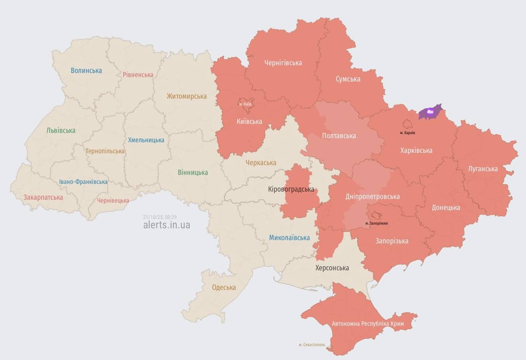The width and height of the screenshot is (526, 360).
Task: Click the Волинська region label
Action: pyautogui.click(x=86, y=71)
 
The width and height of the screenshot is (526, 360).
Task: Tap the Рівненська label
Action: pyautogui.click(x=138, y=75)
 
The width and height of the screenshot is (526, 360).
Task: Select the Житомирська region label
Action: pyautogui.click(x=187, y=97)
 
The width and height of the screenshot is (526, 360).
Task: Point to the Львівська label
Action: pyautogui.click(x=61, y=131)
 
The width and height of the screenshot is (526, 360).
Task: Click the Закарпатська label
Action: pyautogui.click(x=43, y=197)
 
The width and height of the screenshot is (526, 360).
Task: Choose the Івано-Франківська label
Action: pyautogui.click(x=83, y=182)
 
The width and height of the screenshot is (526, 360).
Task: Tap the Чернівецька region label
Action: pyautogui.click(x=113, y=201)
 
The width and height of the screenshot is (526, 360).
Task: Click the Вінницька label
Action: pyautogui.click(x=193, y=172)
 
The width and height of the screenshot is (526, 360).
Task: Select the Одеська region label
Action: pyautogui.click(x=224, y=287)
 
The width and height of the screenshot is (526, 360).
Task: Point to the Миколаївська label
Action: pyautogui.click(x=289, y=238)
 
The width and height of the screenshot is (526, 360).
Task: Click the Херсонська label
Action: pyautogui.click(x=332, y=268)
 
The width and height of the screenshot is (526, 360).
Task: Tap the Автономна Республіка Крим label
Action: pyautogui.click(x=368, y=323)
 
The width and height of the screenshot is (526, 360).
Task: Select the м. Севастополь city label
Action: pyautogui.click(x=312, y=345)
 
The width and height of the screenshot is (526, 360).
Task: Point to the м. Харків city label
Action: pyautogui.click(x=407, y=133)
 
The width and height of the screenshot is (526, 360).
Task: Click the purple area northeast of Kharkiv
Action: pyautogui.click(x=430, y=112)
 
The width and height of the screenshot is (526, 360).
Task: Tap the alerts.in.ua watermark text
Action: pyautogui.click(x=166, y=225)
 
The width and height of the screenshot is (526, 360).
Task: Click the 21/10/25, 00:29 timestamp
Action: pyautogui.click(x=160, y=217)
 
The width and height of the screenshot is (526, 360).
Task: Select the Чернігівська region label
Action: pyautogui.click(x=283, y=63)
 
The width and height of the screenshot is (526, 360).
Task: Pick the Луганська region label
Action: pyautogui.click(x=483, y=169)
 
